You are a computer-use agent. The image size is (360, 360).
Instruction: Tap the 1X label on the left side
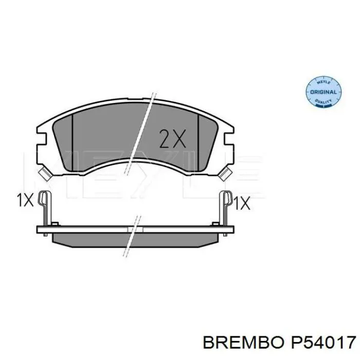[x=24, y=201]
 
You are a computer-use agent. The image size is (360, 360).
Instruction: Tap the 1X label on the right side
[x=241, y=203]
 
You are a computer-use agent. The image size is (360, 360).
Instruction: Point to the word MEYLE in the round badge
[x=323, y=82]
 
